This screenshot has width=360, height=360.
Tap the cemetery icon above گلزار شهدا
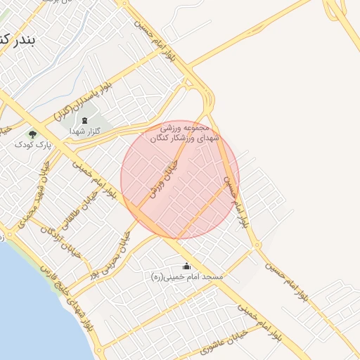(x=85, y=120)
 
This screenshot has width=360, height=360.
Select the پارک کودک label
(x=30, y=144)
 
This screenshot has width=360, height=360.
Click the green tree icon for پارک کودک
(x=31, y=133)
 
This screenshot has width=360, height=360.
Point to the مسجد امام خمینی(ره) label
(x=187, y=278)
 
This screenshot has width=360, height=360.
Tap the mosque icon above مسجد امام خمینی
(x=186, y=266)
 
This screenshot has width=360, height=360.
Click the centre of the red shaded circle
(x=180, y=179)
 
